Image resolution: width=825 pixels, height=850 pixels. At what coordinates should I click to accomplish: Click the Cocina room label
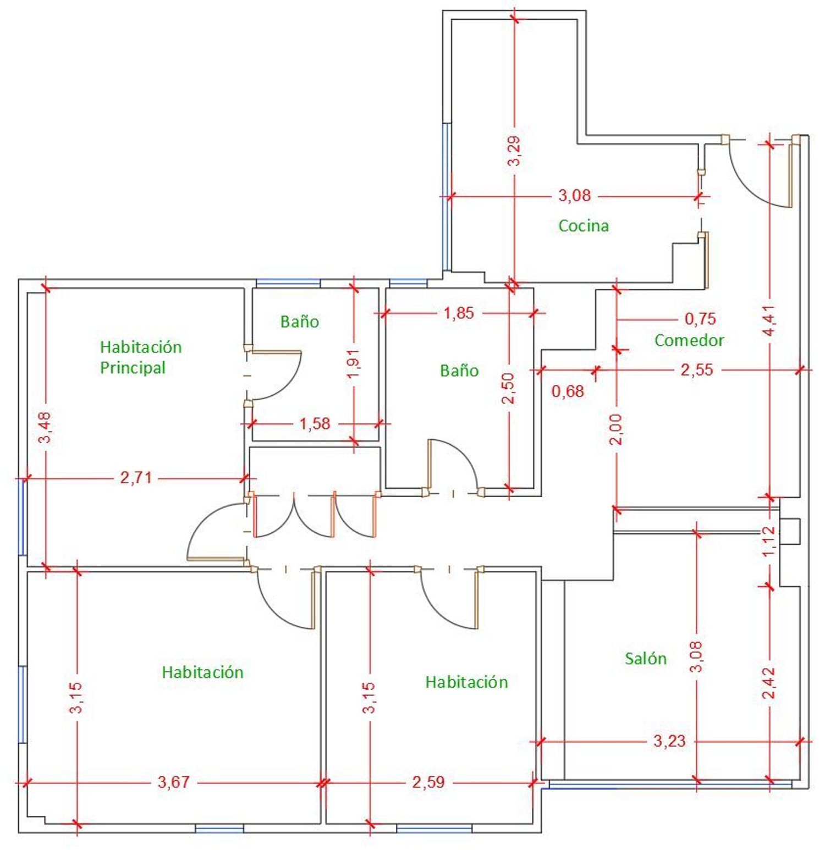point(584,225)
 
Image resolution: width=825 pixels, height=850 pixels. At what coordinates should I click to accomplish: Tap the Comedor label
point(689,340)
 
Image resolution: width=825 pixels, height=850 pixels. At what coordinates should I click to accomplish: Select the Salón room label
point(646,658)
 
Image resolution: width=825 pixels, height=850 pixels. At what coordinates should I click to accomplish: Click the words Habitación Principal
point(141,357)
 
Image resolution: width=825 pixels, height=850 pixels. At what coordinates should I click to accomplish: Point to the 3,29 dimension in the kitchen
point(514,151)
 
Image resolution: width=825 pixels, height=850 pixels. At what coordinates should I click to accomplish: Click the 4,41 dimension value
point(769,321)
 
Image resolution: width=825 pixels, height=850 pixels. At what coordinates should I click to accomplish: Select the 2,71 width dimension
point(136,478)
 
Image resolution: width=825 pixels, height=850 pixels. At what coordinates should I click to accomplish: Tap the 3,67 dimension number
point(174,781)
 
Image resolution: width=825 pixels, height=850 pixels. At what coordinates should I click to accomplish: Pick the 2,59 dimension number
point(428,781)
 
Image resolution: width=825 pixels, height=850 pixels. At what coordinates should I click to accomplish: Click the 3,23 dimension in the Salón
point(669,741)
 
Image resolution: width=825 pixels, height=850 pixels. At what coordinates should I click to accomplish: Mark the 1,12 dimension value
point(769,541)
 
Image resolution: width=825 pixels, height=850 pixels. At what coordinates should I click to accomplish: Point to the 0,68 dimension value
point(568,391)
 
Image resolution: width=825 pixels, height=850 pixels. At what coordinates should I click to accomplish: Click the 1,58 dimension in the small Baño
point(315,423)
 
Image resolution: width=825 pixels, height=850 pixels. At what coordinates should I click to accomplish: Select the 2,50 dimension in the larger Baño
point(509,388)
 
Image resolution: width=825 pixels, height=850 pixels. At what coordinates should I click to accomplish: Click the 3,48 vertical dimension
point(46,427)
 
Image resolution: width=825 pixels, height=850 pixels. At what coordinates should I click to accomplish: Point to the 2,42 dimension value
point(769,683)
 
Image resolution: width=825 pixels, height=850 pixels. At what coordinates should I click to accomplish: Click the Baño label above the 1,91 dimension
point(300,321)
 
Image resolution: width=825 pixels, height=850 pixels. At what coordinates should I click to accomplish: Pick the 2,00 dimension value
point(617,429)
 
